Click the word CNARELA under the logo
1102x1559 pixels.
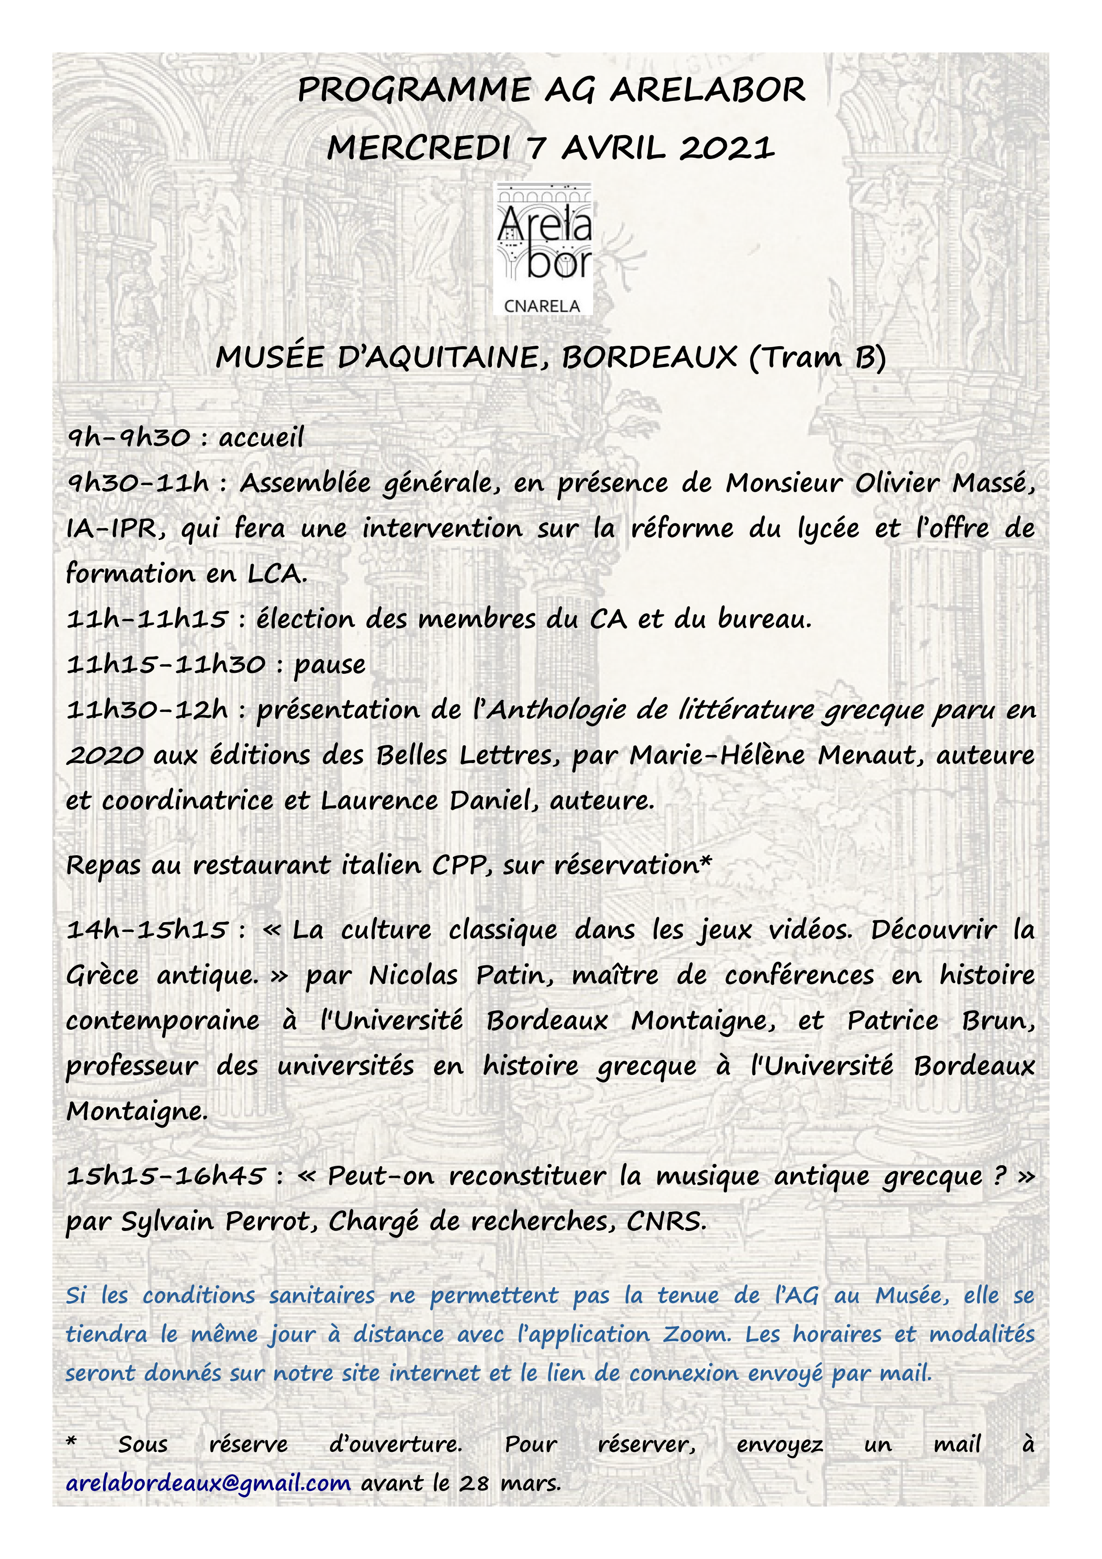(543, 306)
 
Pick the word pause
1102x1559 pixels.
(329, 665)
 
